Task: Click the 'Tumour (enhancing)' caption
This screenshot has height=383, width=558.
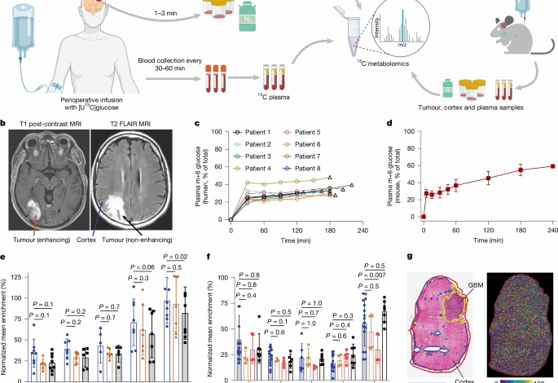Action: point(42,241)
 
